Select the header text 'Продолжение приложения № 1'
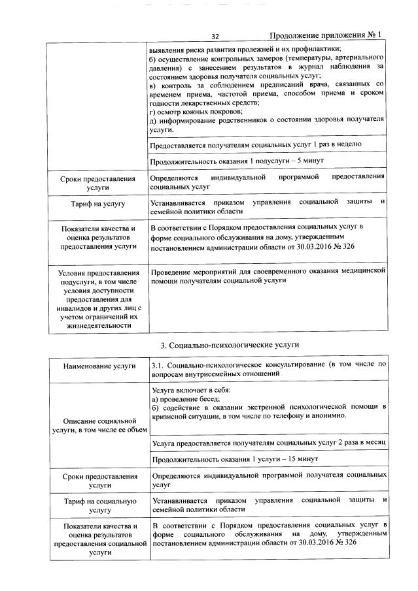pyautogui.click(x=324, y=36)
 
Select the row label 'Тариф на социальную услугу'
pyautogui.click(x=99, y=505)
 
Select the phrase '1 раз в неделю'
pyautogui.click(x=331, y=144)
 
